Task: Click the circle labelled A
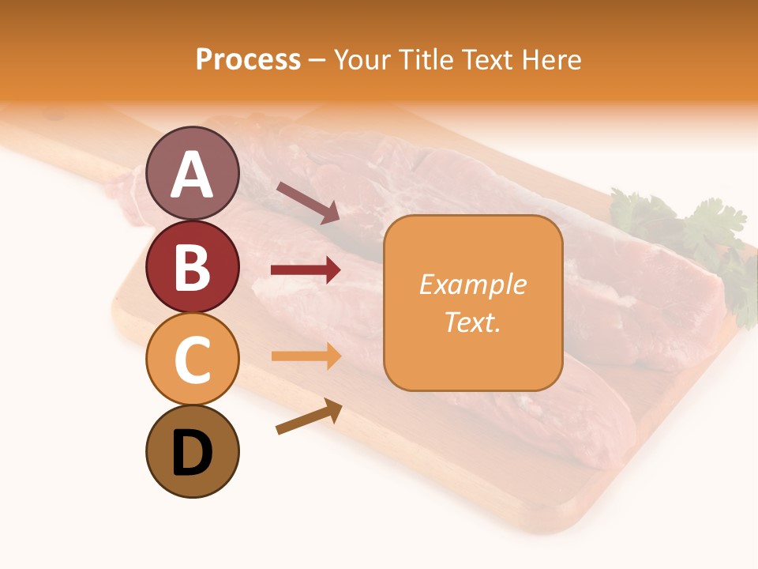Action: [192, 173]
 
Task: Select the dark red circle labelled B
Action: [192, 266]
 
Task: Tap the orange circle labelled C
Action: [192, 359]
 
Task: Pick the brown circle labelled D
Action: [192, 451]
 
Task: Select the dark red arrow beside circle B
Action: [306, 270]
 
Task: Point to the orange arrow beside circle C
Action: [306, 356]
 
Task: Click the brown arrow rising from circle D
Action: [309, 417]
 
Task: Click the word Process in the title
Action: [248, 59]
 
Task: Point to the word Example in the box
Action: [472, 284]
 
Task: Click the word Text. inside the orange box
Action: [472, 322]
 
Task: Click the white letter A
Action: [192, 175]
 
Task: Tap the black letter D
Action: [192, 453]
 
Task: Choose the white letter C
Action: [192, 360]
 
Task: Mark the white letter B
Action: [192, 267]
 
